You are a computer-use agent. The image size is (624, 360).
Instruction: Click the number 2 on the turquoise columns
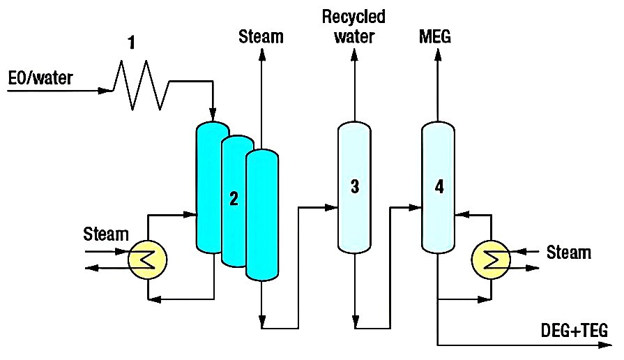click(x=234, y=199)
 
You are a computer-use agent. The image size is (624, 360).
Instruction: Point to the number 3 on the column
click(x=355, y=186)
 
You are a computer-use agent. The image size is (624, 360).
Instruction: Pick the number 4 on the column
click(x=439, y=186)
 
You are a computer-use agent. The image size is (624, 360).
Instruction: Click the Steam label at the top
click(x=261, y=36)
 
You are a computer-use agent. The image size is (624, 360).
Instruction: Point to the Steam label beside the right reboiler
click(x=569, y=252)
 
